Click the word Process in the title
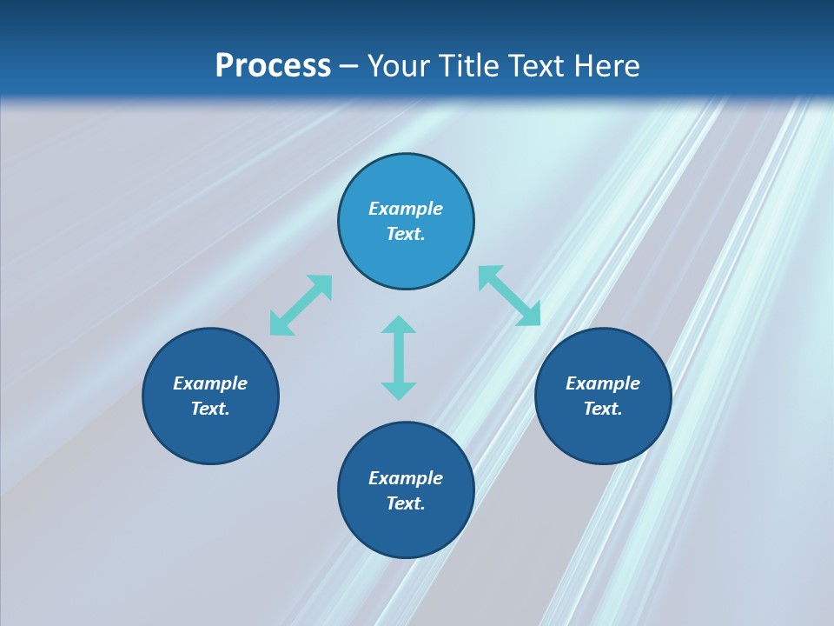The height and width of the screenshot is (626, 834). point(273,66)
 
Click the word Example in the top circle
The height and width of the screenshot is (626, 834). point(406,209)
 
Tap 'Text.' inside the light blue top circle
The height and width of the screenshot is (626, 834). point(406,234)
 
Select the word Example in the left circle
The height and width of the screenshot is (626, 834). point(210,383)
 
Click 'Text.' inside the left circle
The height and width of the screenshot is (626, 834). point(210,409)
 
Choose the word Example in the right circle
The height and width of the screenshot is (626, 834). point(603,383)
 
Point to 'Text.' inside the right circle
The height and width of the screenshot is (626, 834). point(603,409)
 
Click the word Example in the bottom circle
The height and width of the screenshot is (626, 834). point(406,478)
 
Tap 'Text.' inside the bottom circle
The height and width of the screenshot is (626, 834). point(406,503)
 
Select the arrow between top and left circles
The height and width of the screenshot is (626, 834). point(301,305)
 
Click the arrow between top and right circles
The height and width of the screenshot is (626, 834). point(510,296)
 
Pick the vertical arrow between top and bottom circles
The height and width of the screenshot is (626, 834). point(399,357)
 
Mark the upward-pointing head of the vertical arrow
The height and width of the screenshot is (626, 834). point(399,325)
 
